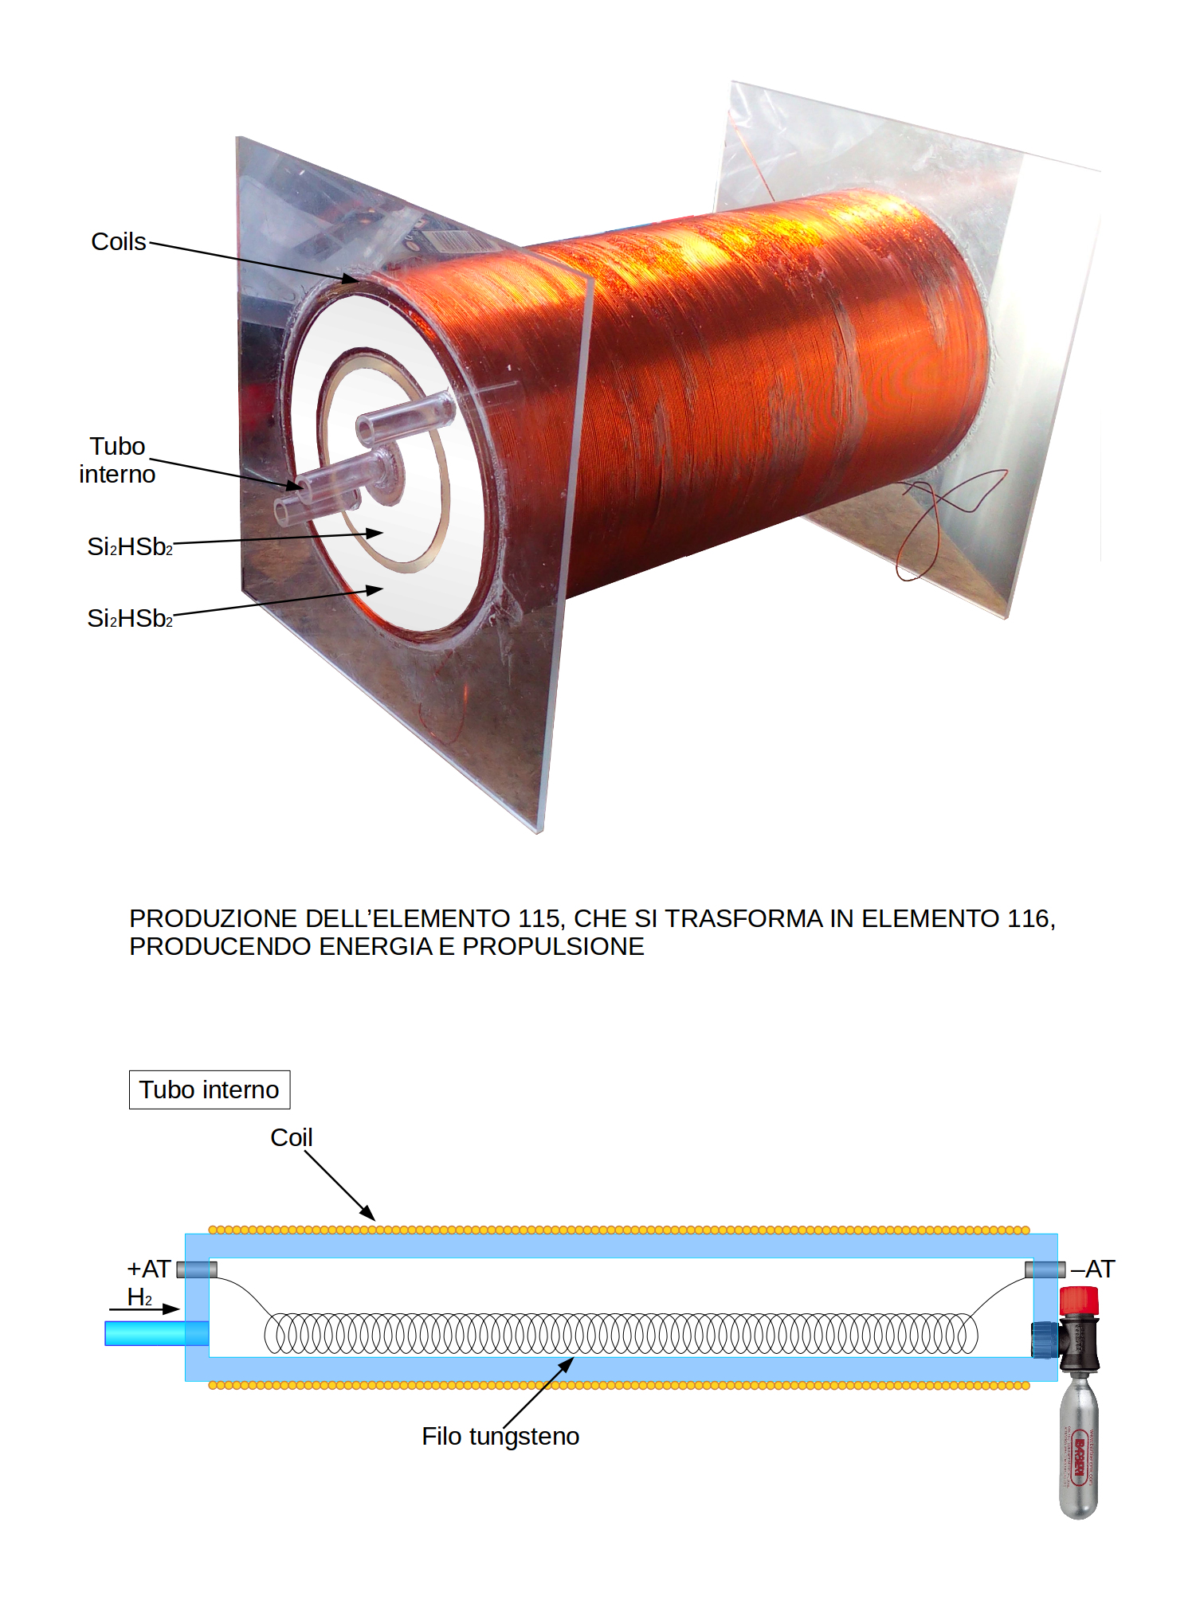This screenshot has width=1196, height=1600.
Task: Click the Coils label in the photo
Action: pos(119,241)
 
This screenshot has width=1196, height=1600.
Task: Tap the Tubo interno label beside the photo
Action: pos(117,460)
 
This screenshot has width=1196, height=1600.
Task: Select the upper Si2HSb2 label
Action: pos(130,546)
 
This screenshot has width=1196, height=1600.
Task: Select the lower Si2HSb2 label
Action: pos(130,618)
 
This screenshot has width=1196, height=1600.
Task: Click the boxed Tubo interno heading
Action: pos(209,1089)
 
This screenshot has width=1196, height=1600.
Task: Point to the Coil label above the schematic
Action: pos(291,1137)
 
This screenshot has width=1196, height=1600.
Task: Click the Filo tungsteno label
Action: pos(500,1436)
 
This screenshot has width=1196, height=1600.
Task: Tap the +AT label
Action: pos(149,1269)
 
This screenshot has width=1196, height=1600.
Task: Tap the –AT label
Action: pos(1093,1269)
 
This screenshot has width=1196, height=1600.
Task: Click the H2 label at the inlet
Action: pos(139,1297)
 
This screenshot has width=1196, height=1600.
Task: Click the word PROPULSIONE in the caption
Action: pos(553,946)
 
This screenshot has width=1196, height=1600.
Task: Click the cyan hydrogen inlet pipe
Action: pos(156,1333)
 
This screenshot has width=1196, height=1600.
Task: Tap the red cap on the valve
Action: pos(1079,1301)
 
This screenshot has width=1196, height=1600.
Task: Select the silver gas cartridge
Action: pos(1079,1449)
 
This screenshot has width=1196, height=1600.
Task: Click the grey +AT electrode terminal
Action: pos(196,1269)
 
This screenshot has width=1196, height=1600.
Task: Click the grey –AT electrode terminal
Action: pos(1045,1269)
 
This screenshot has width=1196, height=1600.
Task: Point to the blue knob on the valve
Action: pos(1044,1339)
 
